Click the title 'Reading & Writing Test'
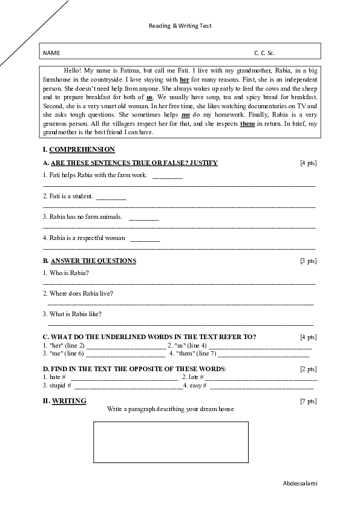180,26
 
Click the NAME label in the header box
51,53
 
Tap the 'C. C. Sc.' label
265,53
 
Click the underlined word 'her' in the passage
185,79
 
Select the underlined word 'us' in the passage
149,97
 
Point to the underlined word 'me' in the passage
186,114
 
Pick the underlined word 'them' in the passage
247,123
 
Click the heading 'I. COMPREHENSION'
79,149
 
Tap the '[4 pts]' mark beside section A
308,163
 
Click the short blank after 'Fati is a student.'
111,197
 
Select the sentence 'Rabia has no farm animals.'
82,216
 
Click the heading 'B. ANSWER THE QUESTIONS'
90,261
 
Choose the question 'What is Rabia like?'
72,314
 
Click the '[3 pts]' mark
308,261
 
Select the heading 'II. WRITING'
64,401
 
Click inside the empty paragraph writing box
171,442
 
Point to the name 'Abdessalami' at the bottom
300,484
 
